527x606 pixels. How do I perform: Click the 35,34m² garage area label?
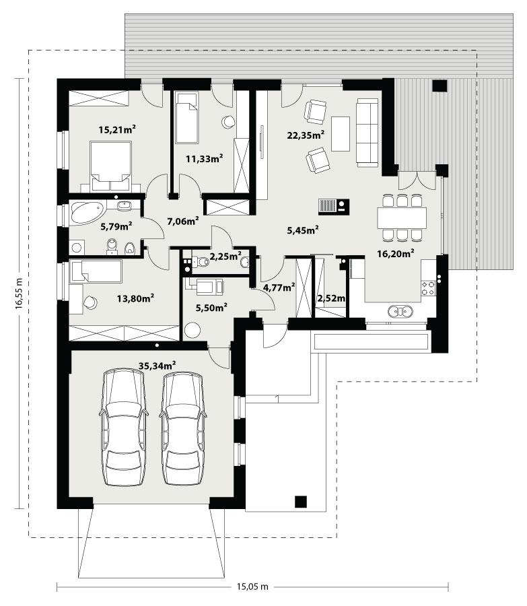tap(156, 364)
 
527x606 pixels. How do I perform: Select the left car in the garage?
tap(123, 428)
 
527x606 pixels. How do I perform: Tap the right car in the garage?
tap(183, 428)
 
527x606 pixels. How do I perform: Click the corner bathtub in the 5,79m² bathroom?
tap(86, 212)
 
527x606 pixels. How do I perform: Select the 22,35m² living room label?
tap(306, 135)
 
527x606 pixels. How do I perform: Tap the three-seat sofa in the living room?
tap(367, 132)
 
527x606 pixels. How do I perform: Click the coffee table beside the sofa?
tap(341, 133)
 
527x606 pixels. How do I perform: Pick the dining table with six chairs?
tap(402, 217)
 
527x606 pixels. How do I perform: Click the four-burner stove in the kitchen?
tap(429, 288)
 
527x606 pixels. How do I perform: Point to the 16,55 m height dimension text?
tap(20, 294)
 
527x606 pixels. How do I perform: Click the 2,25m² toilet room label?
tap(225, 256)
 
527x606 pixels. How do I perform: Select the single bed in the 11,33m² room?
tap(186, 118)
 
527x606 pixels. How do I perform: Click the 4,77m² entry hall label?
tap(279, 288)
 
